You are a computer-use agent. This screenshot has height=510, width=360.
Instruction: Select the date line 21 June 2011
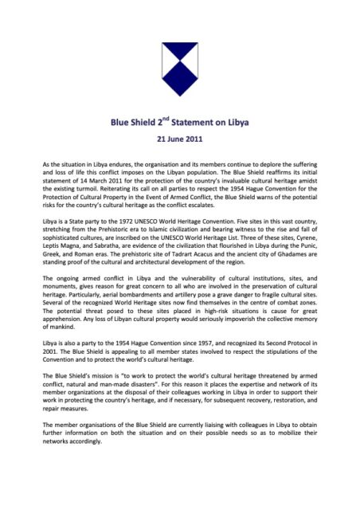(x=180, y=143)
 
